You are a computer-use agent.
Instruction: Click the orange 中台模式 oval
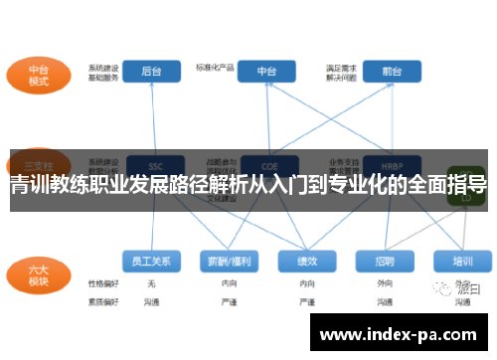(x=38, y=76)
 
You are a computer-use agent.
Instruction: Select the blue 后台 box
(x=151, y=71)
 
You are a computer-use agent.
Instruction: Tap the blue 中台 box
(x=267, y=71)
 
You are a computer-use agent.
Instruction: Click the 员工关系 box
(x=151, y=261)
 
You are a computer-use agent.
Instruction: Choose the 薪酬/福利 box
(x=230, y=261)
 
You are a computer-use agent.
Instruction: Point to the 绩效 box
(x=308, y=261)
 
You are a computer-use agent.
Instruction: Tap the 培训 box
(x=462, y=261)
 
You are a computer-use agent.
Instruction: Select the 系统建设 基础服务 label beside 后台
(x=103, y=72)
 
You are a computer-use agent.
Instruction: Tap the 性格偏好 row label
(x=102, y=283)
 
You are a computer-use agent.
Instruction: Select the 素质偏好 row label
(x=102, y=299)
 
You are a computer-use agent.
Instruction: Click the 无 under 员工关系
(x=151, y=283)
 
